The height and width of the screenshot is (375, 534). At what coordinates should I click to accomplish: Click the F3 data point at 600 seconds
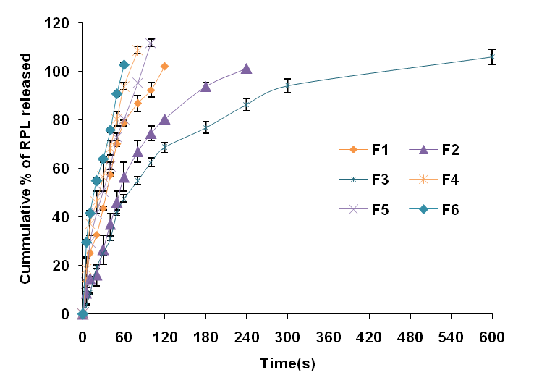[x=492, y=56]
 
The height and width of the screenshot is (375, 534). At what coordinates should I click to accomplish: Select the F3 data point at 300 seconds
[x=287, y=85]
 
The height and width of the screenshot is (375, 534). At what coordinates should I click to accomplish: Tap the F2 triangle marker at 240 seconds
[x=246, y=69]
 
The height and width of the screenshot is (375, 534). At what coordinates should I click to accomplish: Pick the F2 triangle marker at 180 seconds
[x=205, y=86]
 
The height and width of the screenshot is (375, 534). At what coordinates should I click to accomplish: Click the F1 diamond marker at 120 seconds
[x=164, y=66]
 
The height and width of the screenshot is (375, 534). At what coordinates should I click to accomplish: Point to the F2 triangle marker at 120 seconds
[x=164, y=119]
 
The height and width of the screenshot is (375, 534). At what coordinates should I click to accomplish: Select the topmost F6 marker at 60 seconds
[x=124, y=64]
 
